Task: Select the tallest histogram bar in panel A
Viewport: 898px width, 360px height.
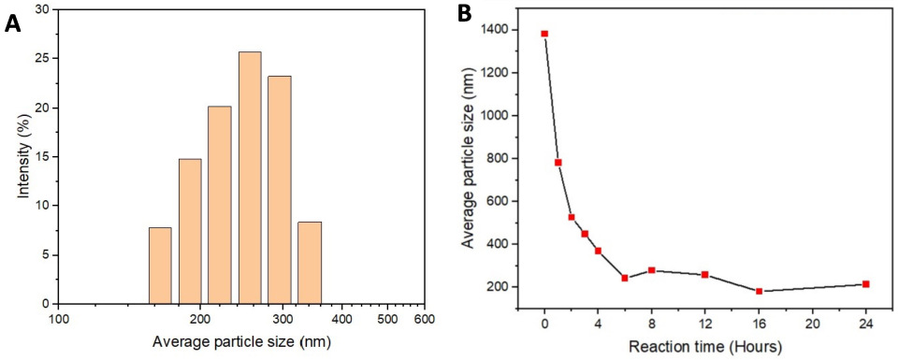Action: [x=250, y=178]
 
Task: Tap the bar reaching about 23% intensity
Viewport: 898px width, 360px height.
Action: [x=279, y=190]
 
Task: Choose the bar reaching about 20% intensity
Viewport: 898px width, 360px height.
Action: [x=220, y=205]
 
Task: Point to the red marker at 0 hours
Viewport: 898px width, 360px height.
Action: [x=544, y=34]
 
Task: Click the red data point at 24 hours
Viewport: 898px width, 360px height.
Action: [x=866, y=284]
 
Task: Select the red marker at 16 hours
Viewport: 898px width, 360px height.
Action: [x=759, y=292]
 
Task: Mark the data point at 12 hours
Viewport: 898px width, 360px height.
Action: [x=704, y=275]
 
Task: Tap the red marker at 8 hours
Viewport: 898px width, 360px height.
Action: [x=651, y=270]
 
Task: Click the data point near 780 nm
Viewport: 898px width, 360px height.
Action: [x=558, y=163]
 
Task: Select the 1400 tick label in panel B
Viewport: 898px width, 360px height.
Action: [x=496, y=30]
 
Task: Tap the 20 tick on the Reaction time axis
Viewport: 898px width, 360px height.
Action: [x=812, y=323]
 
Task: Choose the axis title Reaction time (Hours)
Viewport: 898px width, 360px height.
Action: [x=704, y=347]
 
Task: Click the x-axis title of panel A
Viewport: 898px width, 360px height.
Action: [x=242, y=342]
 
